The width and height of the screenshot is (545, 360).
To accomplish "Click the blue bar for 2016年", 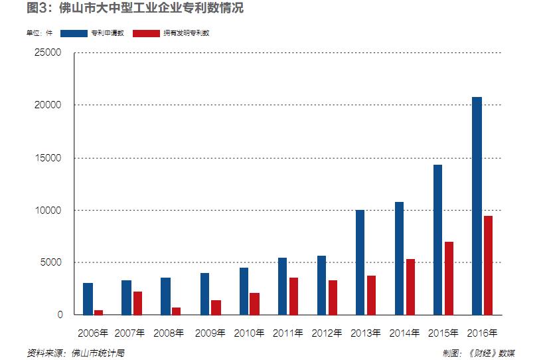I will point(477,206).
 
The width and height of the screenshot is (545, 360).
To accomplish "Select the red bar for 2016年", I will point(488,265).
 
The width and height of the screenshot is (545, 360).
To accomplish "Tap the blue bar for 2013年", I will point(360,262).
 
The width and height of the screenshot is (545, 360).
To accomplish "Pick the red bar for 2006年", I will point(99,312).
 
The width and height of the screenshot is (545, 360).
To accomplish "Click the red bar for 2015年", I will point(449,278).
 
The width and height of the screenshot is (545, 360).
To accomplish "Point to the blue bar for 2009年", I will point(204,294).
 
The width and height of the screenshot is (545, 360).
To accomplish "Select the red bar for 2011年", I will point(293,296).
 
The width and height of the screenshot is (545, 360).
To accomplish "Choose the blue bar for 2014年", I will point(399,258).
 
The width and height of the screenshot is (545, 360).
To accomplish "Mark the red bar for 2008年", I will point(177,311).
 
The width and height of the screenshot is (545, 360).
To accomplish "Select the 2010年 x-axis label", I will point(250,333).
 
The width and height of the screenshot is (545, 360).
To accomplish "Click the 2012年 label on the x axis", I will point(327,333).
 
